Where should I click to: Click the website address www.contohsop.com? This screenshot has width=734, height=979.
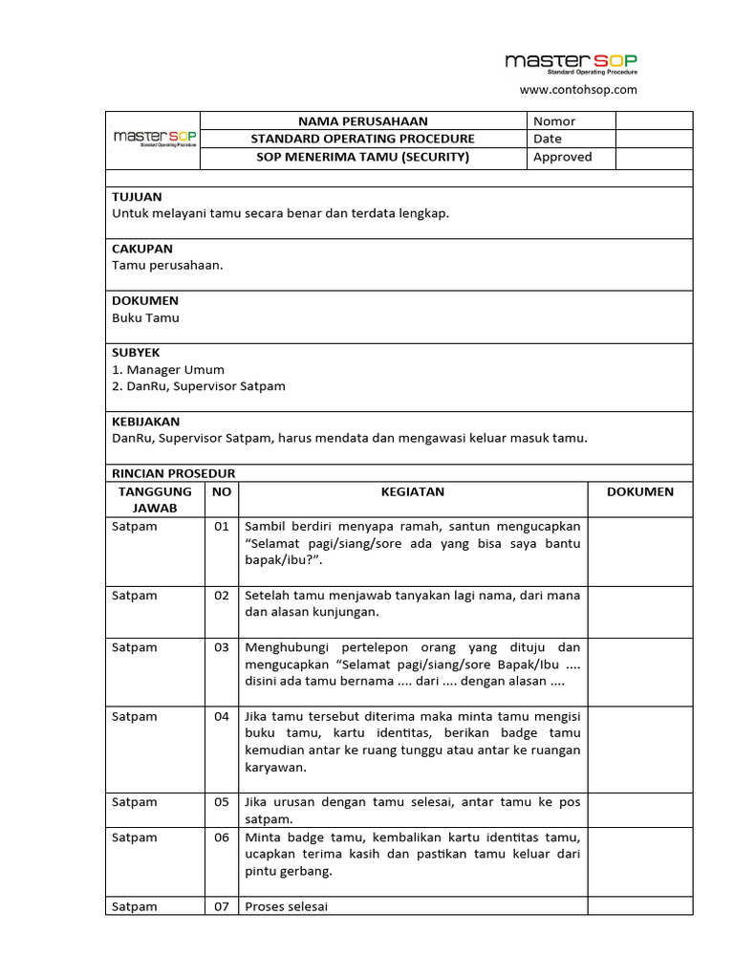[577, 90]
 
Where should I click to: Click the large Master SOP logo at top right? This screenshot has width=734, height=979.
[572, 63]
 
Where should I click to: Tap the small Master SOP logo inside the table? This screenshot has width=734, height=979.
[155, 139]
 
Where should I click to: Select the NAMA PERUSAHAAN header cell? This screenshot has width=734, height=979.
[363, 121]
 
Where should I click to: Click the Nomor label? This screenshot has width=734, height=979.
[554, 121]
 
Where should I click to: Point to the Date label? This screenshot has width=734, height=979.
[548, 139]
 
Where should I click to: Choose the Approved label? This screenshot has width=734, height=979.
[562, 157]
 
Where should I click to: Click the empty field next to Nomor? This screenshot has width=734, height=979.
[654, 121]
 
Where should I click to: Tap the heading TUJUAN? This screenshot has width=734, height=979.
[137, 197]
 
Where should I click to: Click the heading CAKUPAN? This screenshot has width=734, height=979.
[142, 249]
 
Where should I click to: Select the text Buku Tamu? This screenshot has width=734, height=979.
[145, 317]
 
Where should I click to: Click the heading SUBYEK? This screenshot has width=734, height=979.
[139, 353]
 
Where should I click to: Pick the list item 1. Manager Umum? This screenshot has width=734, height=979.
[168, 370]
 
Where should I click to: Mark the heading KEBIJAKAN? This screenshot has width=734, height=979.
[145, 422]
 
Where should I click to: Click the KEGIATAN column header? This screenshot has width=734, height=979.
[412, 491]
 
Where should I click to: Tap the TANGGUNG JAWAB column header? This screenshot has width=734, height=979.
[155, 500]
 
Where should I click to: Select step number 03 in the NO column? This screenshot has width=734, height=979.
[222, 647]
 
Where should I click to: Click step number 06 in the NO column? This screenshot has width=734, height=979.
[222, 838]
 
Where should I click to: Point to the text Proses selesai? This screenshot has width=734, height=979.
[287, 906]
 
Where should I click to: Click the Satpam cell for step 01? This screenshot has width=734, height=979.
[135, 527]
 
